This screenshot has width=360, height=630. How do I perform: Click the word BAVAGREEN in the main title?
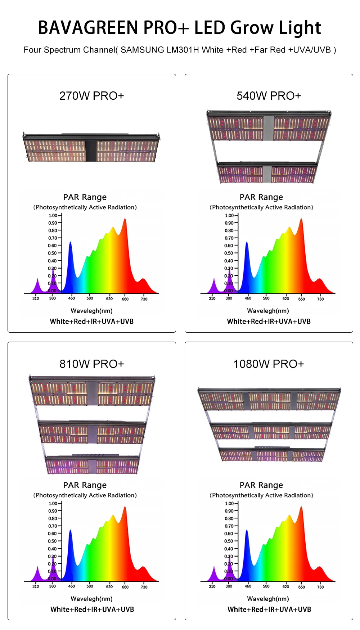pos(88,28)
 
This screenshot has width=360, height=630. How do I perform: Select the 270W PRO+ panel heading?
pos(91,96)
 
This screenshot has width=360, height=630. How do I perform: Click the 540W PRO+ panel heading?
pos(269,96)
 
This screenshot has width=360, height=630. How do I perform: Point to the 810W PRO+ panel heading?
pos(91,364)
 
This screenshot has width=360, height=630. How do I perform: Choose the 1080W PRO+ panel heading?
pos(269,364)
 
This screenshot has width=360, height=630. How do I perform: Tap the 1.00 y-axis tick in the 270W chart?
pos(53,216)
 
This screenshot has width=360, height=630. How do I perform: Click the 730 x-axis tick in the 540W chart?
pos(320,299)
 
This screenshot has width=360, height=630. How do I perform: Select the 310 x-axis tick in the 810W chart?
pos(36,586)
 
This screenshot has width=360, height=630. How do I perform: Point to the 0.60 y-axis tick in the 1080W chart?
pos(229,534)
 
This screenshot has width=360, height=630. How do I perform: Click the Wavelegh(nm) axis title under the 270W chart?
pos(91,311)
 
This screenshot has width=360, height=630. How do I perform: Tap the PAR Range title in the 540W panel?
pos(261,197)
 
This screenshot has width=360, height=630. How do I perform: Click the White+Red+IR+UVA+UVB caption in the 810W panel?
pos(92,609)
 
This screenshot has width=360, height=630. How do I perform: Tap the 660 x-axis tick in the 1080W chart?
pos(302,587)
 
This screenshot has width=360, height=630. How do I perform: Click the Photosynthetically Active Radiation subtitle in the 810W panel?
pos(85,495)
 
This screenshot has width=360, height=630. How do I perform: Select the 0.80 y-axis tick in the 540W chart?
pos(229,230)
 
